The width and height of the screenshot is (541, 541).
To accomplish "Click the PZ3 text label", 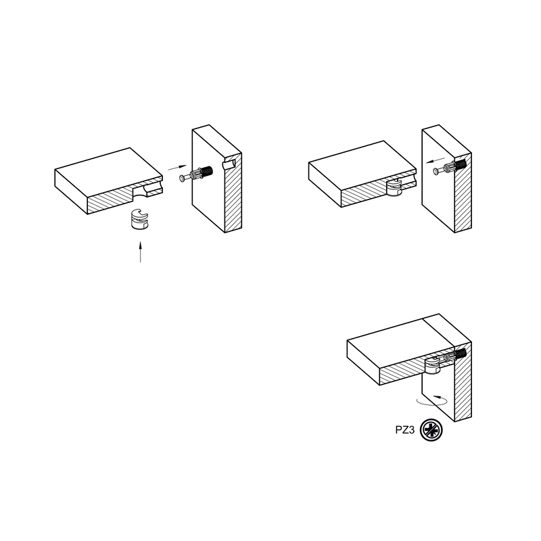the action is coord(404,430).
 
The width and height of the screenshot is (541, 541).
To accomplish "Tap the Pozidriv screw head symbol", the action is coord(431,430).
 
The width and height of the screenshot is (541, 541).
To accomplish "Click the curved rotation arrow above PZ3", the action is coord(432,400).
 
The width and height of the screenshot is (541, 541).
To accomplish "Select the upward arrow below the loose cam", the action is coord(140,252).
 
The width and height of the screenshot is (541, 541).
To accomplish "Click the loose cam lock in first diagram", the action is coord(140,218).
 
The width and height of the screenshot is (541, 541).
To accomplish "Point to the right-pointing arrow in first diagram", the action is coord(177,167).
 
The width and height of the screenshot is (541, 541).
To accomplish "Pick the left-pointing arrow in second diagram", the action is coord(436,160).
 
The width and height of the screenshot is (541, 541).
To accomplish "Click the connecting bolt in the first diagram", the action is coord(196,174).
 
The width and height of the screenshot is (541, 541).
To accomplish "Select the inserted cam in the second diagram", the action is coord(395,188).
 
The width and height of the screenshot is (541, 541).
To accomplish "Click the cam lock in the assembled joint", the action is coord(432,366).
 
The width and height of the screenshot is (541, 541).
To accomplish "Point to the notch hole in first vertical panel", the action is coord(229,164).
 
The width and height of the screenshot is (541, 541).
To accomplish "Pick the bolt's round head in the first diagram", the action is coord(182,178).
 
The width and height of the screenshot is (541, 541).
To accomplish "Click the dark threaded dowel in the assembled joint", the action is coord(461,354).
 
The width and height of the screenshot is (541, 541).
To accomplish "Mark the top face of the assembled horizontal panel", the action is coord(400,344).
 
